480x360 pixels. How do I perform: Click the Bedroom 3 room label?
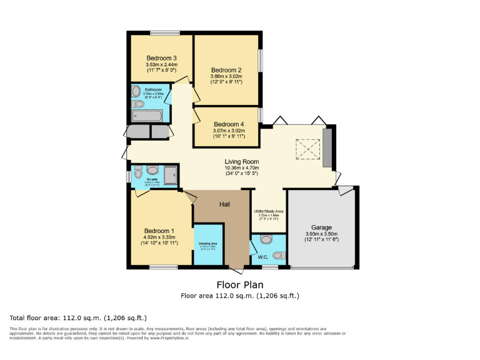click(161, 58)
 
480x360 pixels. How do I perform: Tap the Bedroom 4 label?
click(229, 124)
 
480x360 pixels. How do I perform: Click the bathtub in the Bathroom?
click(147, 116)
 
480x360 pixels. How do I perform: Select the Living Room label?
click(242, 161)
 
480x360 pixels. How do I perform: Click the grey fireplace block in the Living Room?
click(327, 147)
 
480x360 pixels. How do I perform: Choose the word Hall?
click(226, 204)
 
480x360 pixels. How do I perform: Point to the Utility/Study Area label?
click(269, 211)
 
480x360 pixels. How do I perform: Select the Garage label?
click(321, 227)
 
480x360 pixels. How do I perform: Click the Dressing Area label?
click(208, 243)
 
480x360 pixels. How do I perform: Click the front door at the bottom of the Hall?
click(236, 269)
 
